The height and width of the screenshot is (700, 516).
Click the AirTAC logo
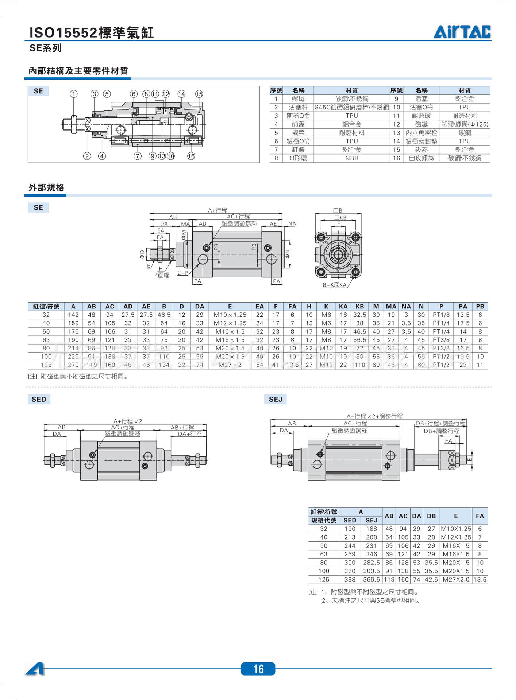click(462, 32)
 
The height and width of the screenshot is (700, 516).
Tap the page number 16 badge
click(258, 669)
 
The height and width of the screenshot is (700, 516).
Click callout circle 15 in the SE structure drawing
click(199, 94)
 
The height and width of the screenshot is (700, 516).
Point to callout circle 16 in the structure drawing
click(191, 156)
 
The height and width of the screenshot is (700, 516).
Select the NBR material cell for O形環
click(351, 158)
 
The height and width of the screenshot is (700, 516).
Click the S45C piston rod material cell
click(351, 107)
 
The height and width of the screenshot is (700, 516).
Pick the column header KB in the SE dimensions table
click(359, 307)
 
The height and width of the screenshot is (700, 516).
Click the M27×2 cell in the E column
click(230, 365)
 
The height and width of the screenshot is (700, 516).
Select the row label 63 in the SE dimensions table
click(46, 340)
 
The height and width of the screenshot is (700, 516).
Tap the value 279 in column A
click(73, 365)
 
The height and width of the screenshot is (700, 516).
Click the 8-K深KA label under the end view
click(334, 285)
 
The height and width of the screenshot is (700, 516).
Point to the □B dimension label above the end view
click(338, 210)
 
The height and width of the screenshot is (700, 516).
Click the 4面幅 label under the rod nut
click(162, 275)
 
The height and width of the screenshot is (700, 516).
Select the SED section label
click(39, 399)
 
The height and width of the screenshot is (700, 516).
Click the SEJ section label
click(276, 399)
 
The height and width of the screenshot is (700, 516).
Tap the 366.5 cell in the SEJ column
click(371, 579)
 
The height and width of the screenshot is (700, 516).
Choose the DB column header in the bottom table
click(431, 516)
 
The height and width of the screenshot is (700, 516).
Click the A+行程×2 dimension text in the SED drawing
click(128, 421)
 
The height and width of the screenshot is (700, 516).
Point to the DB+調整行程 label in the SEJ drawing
click(441, 431)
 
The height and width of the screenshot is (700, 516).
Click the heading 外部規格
click(47, 187)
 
